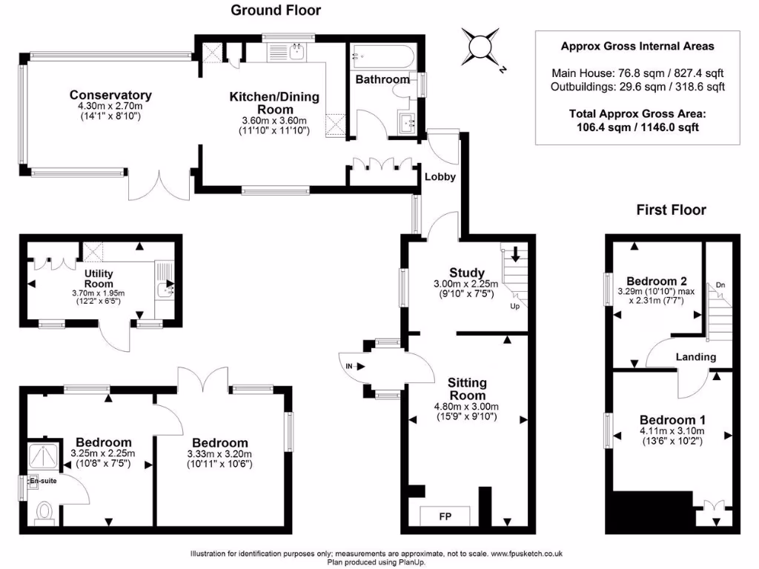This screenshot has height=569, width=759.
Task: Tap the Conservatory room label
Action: point(110,95)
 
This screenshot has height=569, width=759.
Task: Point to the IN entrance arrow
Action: point(352,366)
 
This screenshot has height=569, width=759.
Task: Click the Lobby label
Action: point(440,177)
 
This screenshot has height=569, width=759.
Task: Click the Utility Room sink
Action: point(165,282)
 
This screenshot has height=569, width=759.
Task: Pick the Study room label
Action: point(467,273)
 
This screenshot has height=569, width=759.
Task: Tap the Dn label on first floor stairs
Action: point(720,285)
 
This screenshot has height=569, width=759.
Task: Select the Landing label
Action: point(696,357)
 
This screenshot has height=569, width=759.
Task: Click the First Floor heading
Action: point(672,210)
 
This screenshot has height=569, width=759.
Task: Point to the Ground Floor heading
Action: point(276,10)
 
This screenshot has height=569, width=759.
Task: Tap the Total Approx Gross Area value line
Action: point(637,127)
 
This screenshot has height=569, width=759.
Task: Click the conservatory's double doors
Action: point(159,187)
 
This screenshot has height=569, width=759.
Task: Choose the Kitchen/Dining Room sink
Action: point(296,51)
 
